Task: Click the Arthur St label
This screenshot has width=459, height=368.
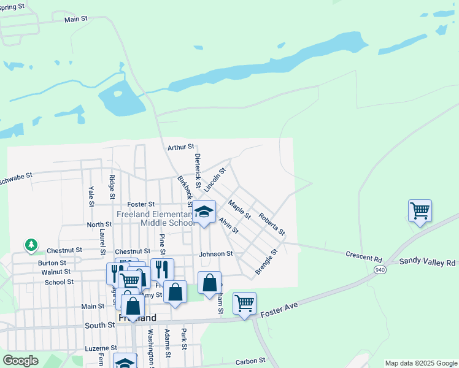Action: tap(180, 147)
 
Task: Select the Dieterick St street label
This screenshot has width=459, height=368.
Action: tap(198, 171)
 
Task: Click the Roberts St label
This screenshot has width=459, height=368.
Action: tap(272, 224)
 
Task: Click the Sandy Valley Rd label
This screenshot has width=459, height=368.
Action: tap(428, 262)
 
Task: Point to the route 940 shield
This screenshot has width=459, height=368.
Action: tap(380, 269)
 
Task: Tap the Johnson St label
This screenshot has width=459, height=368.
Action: tap(215, 253)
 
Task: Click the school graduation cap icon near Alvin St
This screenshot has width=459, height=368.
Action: tap(204, 212)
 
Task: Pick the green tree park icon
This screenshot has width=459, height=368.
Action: tap(31, 245)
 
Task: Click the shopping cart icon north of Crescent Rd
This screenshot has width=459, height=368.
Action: tap(420, 211)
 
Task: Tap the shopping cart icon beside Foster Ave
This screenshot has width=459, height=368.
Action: tap(244, 302)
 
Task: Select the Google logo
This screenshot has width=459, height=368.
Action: tap(20, 361)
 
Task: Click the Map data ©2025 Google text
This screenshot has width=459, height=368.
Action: tap(421, 363)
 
